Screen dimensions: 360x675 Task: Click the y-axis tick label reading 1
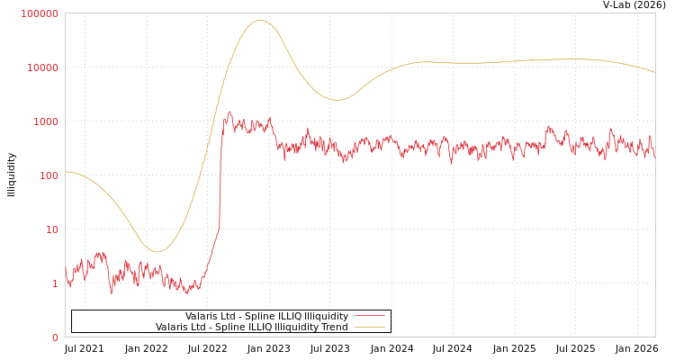[x=55, y=283]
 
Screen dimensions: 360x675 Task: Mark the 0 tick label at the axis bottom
[x=55, y=337]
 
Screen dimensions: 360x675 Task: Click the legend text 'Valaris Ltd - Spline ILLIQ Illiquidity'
[x=266, y=316]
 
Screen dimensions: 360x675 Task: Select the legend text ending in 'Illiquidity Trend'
[x=251, y=327]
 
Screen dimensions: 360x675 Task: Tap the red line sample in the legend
[x=369, y=316]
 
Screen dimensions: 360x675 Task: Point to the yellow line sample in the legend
[x=369, y=327]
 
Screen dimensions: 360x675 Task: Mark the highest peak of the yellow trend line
[x=260, y=20]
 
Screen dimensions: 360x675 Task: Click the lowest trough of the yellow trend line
[x=157, y=252]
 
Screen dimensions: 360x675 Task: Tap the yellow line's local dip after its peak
[x=337, y=100]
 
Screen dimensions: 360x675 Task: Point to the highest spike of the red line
[x=229, y=112]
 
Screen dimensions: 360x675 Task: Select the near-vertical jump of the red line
[x=220, y=180]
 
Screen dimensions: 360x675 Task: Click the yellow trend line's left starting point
[x=66, y=171]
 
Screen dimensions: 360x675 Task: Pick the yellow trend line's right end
[x=654, y=72]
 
